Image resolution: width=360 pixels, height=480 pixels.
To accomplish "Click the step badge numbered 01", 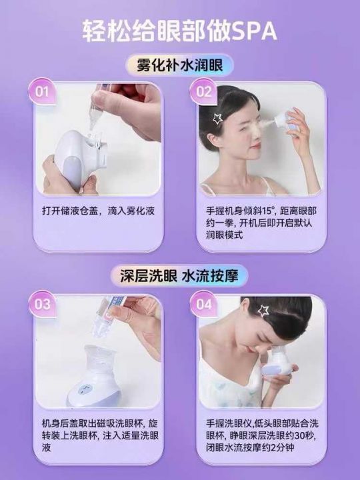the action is tap(42, 91).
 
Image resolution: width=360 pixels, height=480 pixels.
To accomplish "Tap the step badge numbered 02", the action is tap(203, 91).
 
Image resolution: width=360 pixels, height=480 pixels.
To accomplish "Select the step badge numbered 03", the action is tap(42, 304).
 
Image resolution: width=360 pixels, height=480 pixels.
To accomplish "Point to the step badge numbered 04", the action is tap(203, 304).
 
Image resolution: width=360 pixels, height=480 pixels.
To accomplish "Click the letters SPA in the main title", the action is tap(255, 31).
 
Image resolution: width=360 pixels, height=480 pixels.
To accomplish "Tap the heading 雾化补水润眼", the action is tap(180, 65).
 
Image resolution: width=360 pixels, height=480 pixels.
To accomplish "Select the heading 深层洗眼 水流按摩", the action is tap(179, 276).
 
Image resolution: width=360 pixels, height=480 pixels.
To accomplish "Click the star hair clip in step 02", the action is tap(217, 119).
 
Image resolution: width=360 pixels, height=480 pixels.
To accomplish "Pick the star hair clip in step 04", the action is tap(263, 311).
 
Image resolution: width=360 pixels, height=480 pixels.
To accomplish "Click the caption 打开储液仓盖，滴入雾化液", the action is tap(98, 211).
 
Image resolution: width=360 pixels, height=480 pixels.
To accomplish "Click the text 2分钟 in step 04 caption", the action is tap(282, 447).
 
